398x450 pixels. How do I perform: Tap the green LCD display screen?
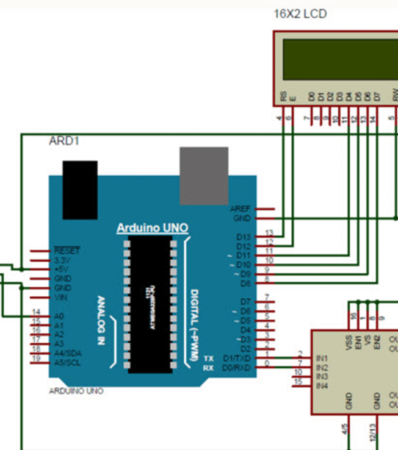tap(339, 60)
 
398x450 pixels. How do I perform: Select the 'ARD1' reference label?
tap(63, 141)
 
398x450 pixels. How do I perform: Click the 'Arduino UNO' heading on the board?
tap(152, 228)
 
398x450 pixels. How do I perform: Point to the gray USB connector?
tap(204, 176)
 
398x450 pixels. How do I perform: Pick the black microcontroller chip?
tap(150, 304)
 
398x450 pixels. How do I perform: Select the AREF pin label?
tap(241, 209)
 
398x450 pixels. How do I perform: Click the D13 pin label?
tap(243, 237)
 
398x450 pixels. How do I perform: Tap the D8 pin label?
tap(245, 284)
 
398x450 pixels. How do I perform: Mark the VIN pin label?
tap(60, 297)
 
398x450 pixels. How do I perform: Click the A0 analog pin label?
tap(59, 316)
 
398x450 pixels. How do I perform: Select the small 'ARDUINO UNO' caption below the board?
tap(76, 391)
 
